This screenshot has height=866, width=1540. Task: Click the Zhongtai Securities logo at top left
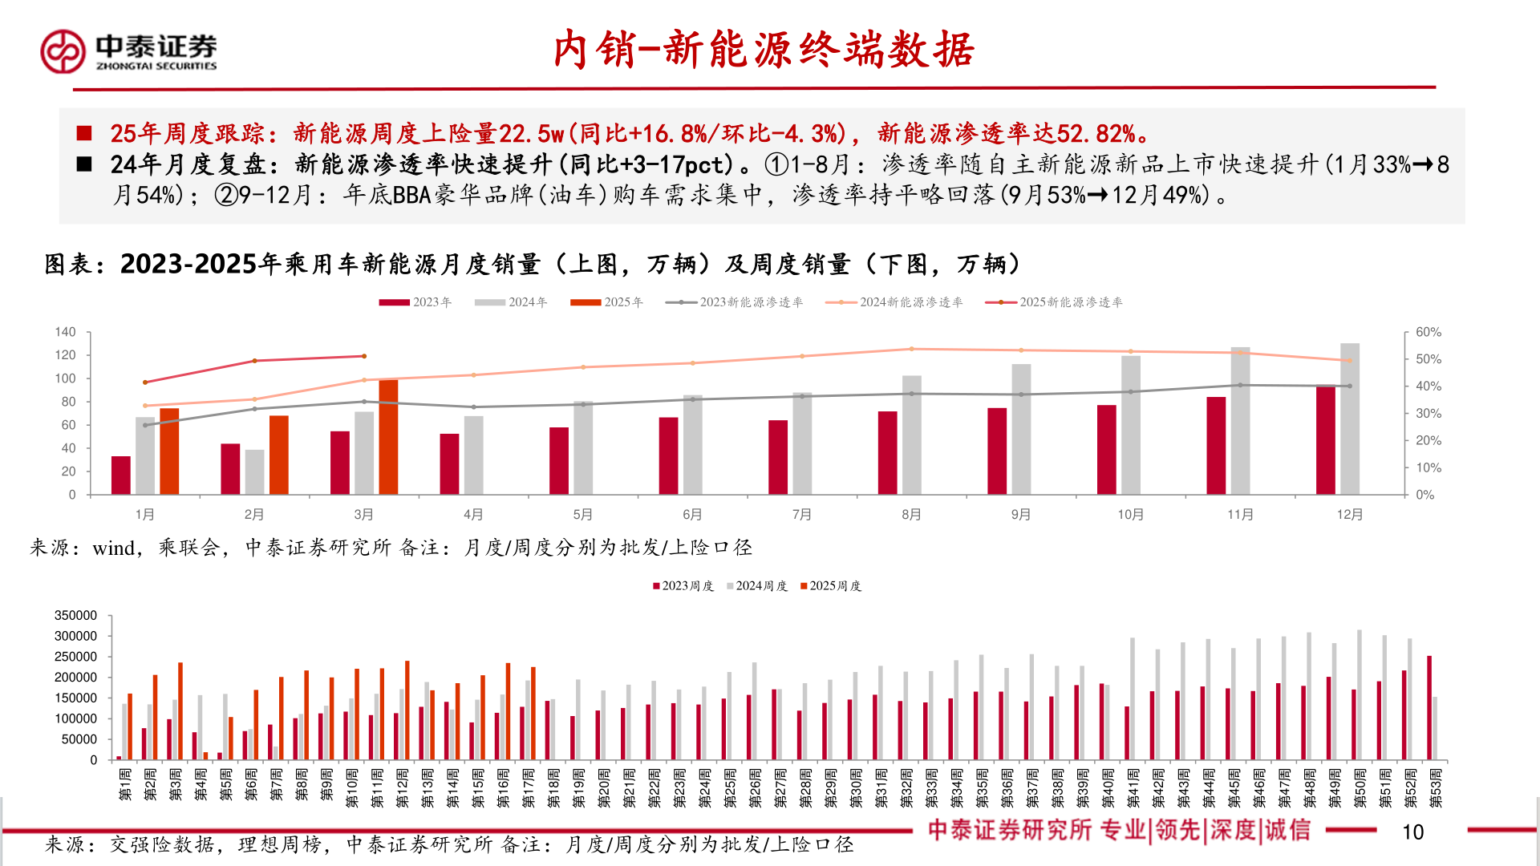[x=128, y=51]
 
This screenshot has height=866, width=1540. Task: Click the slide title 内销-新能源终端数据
[x=763, y=50]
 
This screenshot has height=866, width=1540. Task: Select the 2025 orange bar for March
[x=388, y=437]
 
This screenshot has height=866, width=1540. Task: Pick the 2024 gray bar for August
[x=911, y=435]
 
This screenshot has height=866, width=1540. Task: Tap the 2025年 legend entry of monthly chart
[x=607, y=302]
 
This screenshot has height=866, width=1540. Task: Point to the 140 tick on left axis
[x=65, y=332]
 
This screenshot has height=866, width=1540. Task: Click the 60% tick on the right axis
[x=1428, y=332]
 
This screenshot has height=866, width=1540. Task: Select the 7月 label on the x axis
[x=801, y=515]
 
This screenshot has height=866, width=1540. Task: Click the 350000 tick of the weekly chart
[x=75, y=616]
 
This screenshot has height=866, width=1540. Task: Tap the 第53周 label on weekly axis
[x=1436, y=784]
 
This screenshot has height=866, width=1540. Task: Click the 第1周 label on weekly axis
[x=125, y=784]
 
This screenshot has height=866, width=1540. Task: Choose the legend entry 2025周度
[x=831, y=586]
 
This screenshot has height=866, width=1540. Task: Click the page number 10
[x=1412, y=832]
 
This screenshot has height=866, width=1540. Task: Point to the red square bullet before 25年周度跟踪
[x=84, y=133]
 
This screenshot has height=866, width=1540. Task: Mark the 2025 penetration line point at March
[x=364, y=356]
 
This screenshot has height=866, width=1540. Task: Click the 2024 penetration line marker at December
[x=1349, y=361]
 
